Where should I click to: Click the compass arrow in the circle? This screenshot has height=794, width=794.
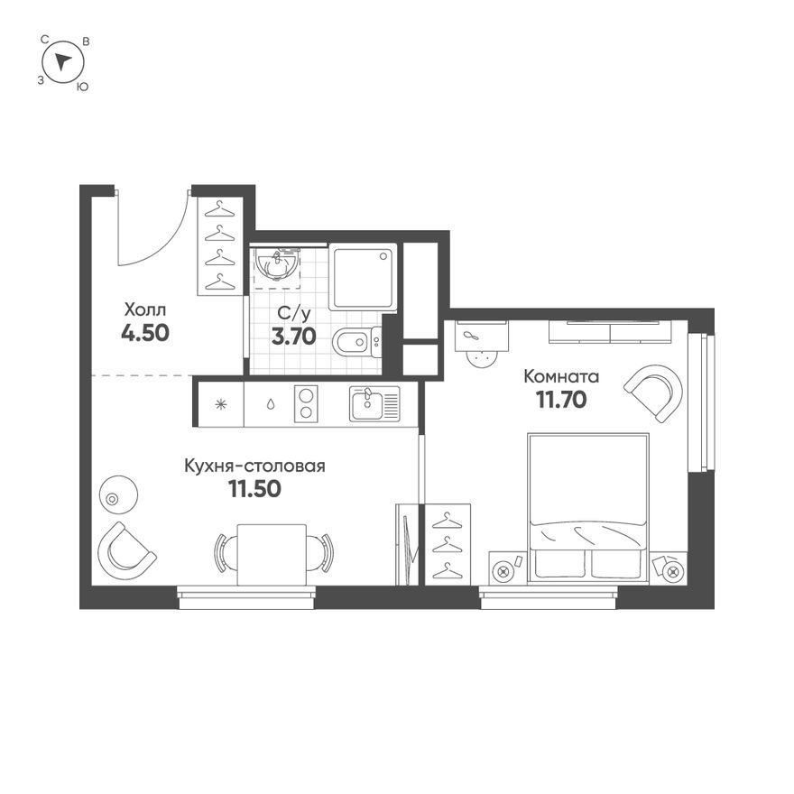pos(63,61)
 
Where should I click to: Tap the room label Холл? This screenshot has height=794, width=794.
pos(145,309)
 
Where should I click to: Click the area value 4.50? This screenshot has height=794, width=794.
pos(145,333)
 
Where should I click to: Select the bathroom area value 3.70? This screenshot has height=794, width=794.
pos(294,336)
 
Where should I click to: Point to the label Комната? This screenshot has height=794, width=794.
pos(561,377)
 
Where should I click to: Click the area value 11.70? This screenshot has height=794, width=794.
pos(561,400)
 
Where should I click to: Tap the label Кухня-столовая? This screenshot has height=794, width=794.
pos(254,466)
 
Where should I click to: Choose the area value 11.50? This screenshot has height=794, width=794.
pos(254,489)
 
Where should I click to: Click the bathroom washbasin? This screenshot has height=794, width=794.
pos(277,263)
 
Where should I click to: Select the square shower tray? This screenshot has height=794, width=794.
pos(363,276)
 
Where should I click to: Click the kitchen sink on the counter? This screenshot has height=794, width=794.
pos(374,403)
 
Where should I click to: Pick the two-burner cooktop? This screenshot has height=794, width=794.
pos(306,403)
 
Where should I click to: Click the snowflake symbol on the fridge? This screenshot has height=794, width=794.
pos(220,404)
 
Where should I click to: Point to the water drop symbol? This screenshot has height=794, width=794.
pos(271,404)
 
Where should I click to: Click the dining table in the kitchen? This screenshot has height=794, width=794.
pos(272,555)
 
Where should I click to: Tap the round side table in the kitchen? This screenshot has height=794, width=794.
pos(118,494)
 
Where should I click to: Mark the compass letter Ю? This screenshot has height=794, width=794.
pos(82,88)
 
